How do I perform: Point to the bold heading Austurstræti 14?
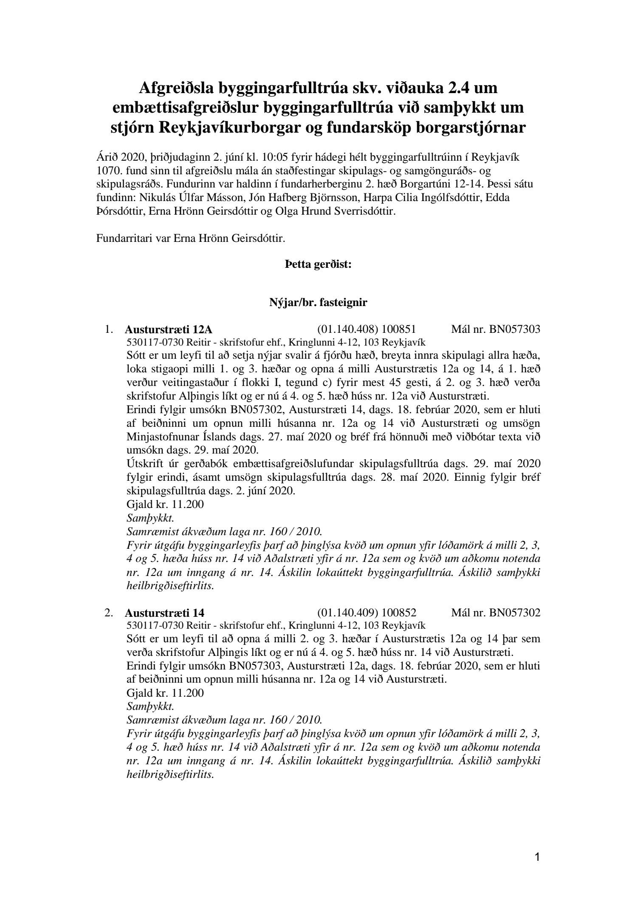[x=165, y=613]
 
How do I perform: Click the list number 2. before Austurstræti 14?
[x=109, y=613]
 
